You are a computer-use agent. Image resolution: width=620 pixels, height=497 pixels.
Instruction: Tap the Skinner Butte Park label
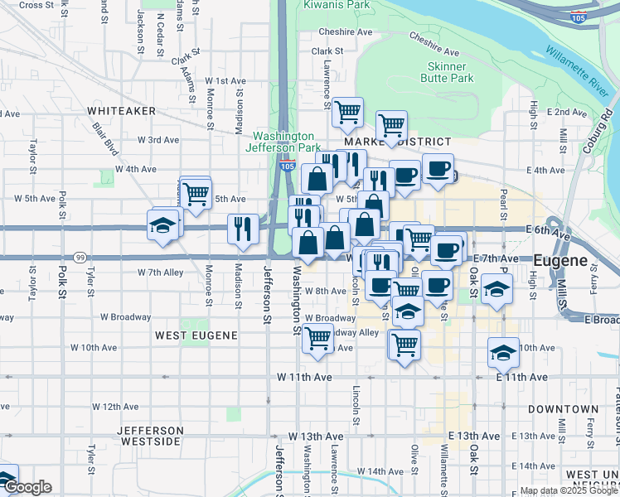click(450, 72)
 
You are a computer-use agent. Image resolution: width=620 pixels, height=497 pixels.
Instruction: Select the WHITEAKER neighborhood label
click(122, 110)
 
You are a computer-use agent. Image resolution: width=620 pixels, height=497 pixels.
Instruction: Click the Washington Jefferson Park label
click(283, 142)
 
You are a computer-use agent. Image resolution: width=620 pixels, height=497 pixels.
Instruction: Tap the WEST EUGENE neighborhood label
click(196, 335)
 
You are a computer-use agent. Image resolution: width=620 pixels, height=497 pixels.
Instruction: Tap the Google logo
click(27, 487)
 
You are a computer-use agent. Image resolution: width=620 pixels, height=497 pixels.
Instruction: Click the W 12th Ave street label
click(115, 407)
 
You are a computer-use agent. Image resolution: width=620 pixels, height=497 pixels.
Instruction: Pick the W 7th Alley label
click(160, 272)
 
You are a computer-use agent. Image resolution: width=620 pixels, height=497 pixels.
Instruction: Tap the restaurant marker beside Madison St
click(242, 228)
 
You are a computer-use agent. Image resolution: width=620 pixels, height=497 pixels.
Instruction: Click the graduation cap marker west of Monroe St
click(162, 224)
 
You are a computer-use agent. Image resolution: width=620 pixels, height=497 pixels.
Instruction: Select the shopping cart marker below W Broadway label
click(318, 339)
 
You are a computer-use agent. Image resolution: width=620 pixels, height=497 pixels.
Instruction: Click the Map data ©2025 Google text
click(569, 490)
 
